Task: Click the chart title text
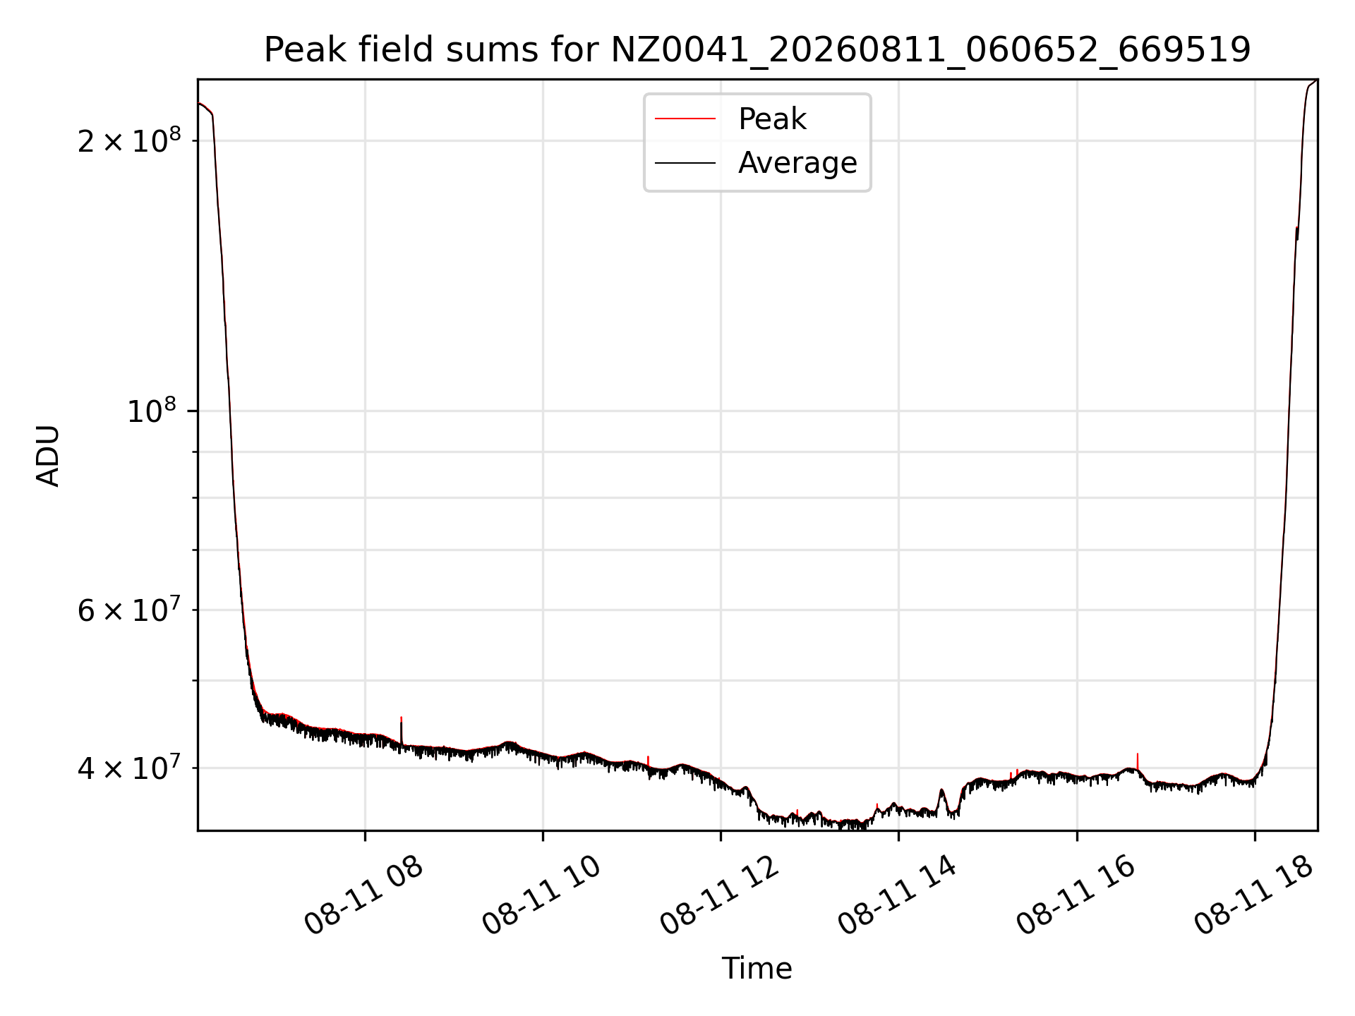[757, 50]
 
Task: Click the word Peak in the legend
[772, 119]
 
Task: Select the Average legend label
[797, 163]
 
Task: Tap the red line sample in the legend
[685, 119]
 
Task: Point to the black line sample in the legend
[685, 163]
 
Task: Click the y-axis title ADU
[48, 455]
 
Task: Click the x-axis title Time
[757, 969]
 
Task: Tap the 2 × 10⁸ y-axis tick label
[129, 141]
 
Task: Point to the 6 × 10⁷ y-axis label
[129, 610]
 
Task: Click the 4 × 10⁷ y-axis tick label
[129, 768]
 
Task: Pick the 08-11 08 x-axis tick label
[364, 895]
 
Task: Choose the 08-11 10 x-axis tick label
[542, 895]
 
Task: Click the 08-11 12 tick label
[720, 895]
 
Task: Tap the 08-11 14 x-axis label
[898, 895]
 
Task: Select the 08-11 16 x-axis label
[1076, 895]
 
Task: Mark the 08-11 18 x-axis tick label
[1253, 895]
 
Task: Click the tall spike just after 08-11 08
[401, 731]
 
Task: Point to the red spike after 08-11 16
[1137, 762]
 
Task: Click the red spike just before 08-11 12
[648, 762]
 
